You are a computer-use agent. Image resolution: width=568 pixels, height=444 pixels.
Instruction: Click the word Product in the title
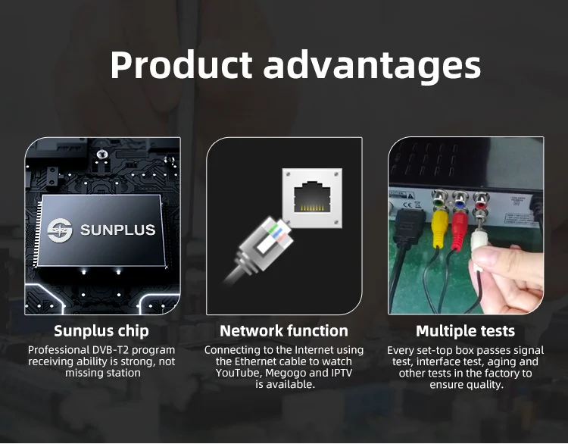181,65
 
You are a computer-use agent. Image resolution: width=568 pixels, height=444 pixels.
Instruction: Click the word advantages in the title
372,67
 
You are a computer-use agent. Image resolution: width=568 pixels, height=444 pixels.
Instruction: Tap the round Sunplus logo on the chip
60,230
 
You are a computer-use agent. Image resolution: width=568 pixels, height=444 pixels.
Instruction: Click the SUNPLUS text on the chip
117,230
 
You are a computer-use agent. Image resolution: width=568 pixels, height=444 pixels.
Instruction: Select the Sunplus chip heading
101,331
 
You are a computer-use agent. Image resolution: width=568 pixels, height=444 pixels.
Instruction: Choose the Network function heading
284,331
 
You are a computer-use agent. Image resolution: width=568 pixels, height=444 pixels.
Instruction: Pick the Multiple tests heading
466,331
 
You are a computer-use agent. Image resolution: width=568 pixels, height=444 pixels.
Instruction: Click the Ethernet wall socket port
312,198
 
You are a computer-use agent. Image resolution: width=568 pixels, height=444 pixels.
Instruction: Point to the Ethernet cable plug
261,247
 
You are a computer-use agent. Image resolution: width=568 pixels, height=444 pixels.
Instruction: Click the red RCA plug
460,231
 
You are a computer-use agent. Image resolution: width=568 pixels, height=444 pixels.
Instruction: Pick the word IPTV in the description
342,373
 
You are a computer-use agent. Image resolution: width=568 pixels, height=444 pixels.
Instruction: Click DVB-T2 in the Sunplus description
108,350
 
